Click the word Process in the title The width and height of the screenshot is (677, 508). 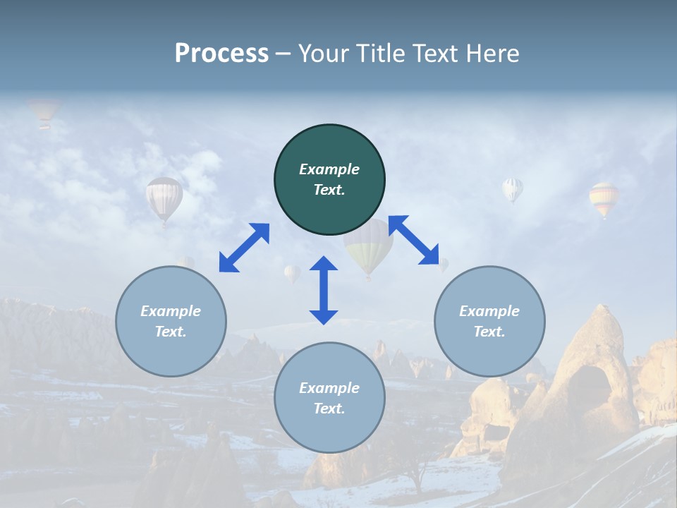[x=221, y=53]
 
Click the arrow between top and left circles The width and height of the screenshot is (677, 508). [x=244, y=248]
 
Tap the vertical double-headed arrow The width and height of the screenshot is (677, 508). [x=324, y=290]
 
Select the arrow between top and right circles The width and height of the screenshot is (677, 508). [x=414, y=240]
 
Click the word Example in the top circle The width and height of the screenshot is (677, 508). [x=329, y=169]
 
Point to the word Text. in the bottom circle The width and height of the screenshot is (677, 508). [x=329, y=409]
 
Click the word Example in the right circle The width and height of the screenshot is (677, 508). [x=489, y=311]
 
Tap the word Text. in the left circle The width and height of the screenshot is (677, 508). [x=171, y=332]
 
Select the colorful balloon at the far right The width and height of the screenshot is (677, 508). [x=604, y=198]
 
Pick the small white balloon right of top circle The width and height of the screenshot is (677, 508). [x=513, y=189]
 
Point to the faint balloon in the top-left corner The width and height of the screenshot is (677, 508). [x=44, y=111]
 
